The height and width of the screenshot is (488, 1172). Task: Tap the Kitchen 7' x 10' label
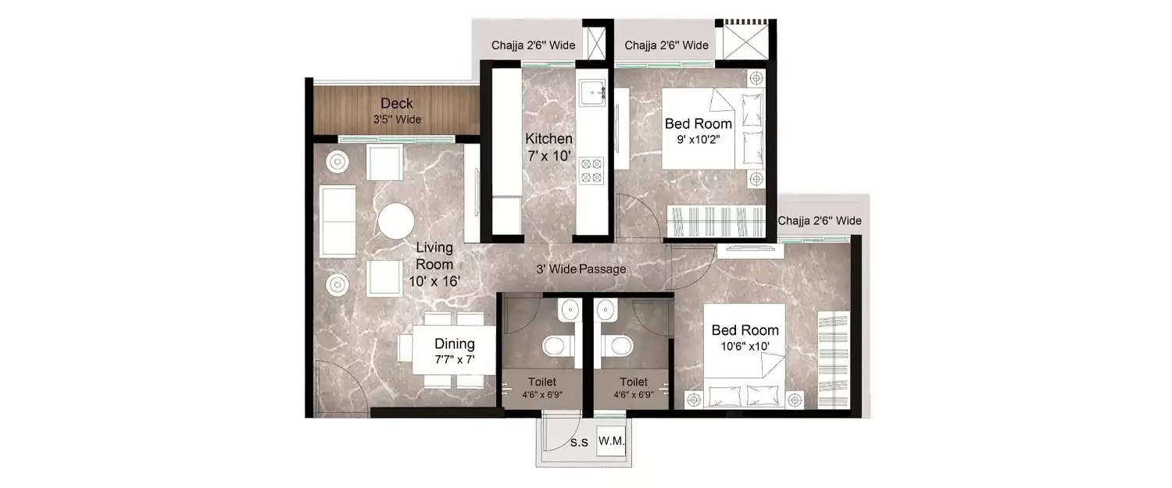548,147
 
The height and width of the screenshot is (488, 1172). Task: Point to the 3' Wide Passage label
581,269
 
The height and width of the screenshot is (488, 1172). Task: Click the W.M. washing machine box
611,442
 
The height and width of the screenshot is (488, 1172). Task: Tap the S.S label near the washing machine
579,443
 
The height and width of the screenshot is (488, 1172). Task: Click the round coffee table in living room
397,221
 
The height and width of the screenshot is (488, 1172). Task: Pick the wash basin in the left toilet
568,311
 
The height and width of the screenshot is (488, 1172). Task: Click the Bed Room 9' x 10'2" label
699,130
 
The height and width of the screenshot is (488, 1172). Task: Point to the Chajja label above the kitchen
533,45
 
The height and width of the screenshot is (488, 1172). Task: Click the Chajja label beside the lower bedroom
820,221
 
